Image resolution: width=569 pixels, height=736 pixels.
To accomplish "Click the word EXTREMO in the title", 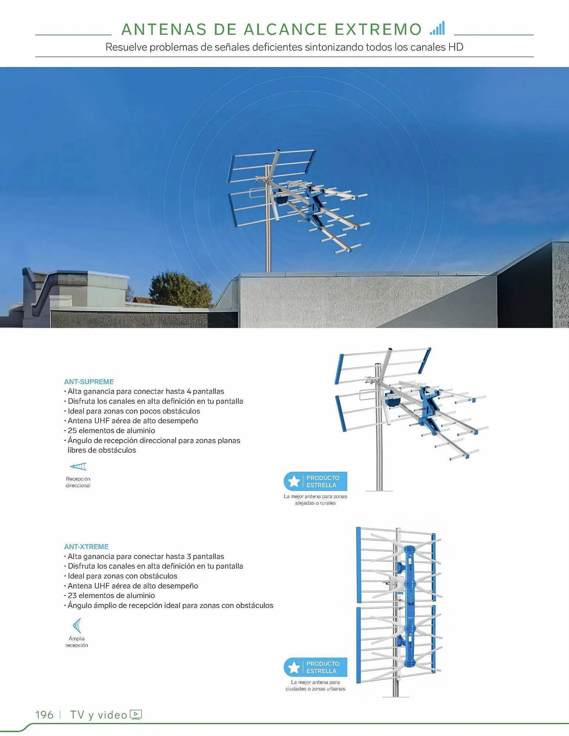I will [378, 29].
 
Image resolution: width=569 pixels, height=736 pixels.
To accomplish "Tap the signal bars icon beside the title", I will [437, 29].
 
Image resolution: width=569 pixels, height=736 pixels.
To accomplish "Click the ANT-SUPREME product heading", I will [89, 382].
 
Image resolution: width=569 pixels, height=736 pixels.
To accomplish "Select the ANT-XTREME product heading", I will [86, 546].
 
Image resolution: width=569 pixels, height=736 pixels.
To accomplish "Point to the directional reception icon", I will [78, 467].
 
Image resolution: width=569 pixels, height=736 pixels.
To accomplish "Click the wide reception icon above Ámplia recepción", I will [77, 625].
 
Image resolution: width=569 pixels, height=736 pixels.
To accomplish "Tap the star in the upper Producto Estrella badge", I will [294, 481].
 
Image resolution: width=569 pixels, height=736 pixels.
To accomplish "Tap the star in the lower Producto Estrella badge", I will [294, 667].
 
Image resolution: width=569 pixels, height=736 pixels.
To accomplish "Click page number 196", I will [44, 715].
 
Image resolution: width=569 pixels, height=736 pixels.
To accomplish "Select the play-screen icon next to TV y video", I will [136, 714].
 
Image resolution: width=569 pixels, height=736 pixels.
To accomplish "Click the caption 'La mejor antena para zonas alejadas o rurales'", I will [315, 499].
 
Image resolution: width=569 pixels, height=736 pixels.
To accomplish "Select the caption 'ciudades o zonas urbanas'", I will [315, 689].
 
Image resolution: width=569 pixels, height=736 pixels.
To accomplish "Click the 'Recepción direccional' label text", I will [78, 482].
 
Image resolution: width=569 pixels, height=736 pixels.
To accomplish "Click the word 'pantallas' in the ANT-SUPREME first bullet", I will [208, 391].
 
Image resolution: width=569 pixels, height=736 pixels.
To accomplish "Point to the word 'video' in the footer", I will [112, 715].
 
